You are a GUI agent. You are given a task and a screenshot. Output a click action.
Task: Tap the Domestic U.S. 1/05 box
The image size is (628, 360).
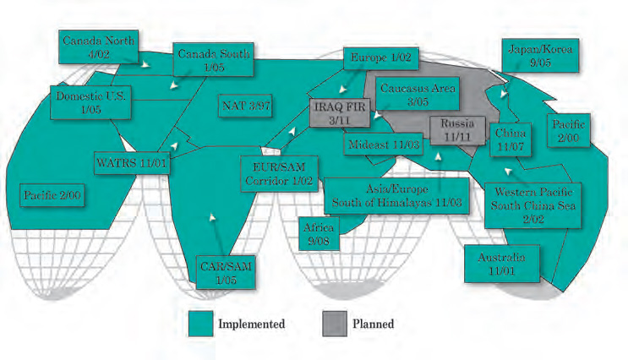pos(90,103)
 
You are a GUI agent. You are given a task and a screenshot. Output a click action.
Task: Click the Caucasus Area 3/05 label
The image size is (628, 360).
pos(418,94)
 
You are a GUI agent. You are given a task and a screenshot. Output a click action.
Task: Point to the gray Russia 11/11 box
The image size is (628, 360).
pos(457,129)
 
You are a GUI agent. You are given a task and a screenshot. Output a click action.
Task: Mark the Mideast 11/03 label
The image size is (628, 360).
pos(384,145)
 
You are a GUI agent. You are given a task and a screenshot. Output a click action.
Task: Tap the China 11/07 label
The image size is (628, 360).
pos(510,139)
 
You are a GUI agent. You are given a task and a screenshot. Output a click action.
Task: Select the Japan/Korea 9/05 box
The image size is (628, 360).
pos(540,56)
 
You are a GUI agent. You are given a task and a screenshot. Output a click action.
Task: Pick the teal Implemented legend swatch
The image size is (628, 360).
pos(199,324)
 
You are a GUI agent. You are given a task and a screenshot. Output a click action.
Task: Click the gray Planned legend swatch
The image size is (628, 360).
pos(336,324)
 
